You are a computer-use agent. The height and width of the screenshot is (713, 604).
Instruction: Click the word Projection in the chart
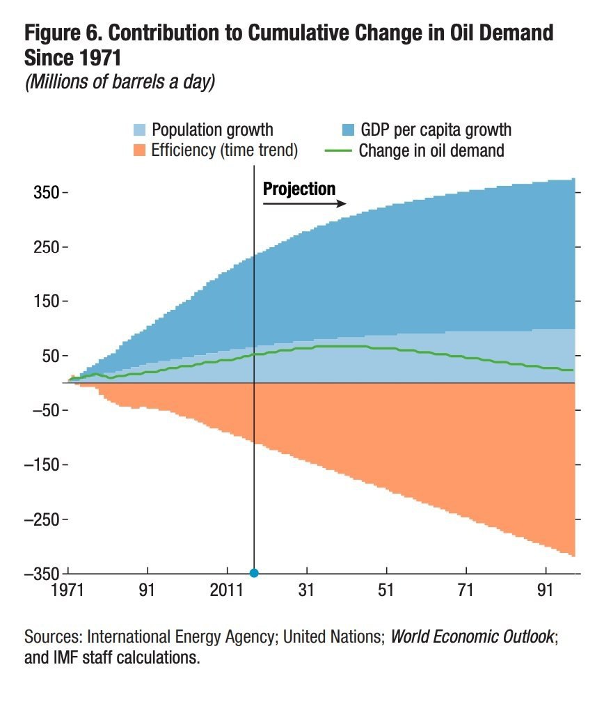point(299,189)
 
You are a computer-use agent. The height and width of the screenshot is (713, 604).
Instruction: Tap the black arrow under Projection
point(304,203)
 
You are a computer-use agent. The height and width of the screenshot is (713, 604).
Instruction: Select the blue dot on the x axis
point(254,573)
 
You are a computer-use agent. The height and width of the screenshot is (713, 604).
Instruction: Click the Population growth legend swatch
point(140,130)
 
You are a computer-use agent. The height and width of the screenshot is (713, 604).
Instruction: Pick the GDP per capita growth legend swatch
point(348,130)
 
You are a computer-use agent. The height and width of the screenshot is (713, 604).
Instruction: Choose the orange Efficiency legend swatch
point(140,150)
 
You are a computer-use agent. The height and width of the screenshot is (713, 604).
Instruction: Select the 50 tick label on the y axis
point(51,356)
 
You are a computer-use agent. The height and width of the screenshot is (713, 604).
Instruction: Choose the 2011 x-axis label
point(228,591)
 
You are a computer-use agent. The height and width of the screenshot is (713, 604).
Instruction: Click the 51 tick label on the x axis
point(386,591)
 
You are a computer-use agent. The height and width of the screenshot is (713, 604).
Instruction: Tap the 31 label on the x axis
point(307,591)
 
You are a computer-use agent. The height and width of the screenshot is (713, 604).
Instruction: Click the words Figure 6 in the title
point(65,33)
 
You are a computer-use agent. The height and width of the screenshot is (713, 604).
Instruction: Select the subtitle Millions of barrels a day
point(120,81)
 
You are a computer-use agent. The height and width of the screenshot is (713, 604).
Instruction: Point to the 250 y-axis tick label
point(48,247)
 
